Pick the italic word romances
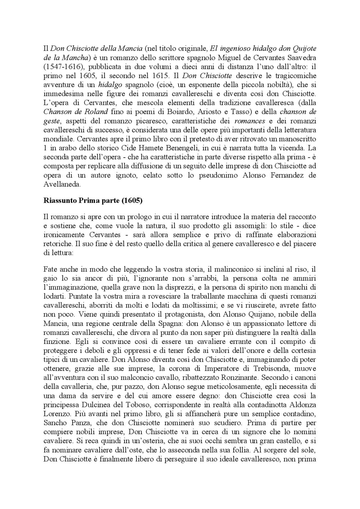click(x=249, y=121)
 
